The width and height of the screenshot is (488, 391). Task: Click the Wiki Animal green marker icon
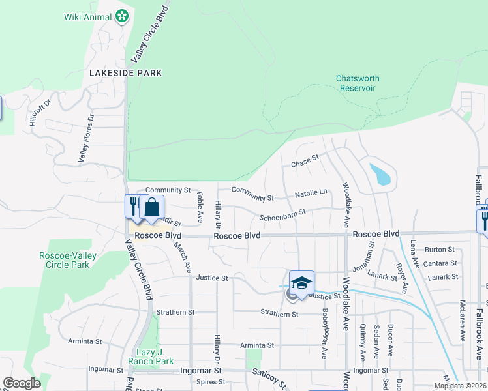[121, 16]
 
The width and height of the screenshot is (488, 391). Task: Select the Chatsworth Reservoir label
[358, 83]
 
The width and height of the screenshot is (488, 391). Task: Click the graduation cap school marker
[301, 282]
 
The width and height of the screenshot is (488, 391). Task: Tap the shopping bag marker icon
[151, 208]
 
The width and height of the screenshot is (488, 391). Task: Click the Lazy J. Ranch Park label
[155, 356]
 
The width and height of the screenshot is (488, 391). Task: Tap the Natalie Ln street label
[311, 193]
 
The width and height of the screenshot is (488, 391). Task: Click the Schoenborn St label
[282, 216]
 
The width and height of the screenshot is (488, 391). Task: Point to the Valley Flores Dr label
[87, 138]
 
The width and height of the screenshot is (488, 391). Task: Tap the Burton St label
[439, 249]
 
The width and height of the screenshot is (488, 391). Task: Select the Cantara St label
[440, 263]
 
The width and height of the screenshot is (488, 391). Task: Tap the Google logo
[22, 383]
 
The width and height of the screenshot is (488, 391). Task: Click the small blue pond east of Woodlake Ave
[380, 174]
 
